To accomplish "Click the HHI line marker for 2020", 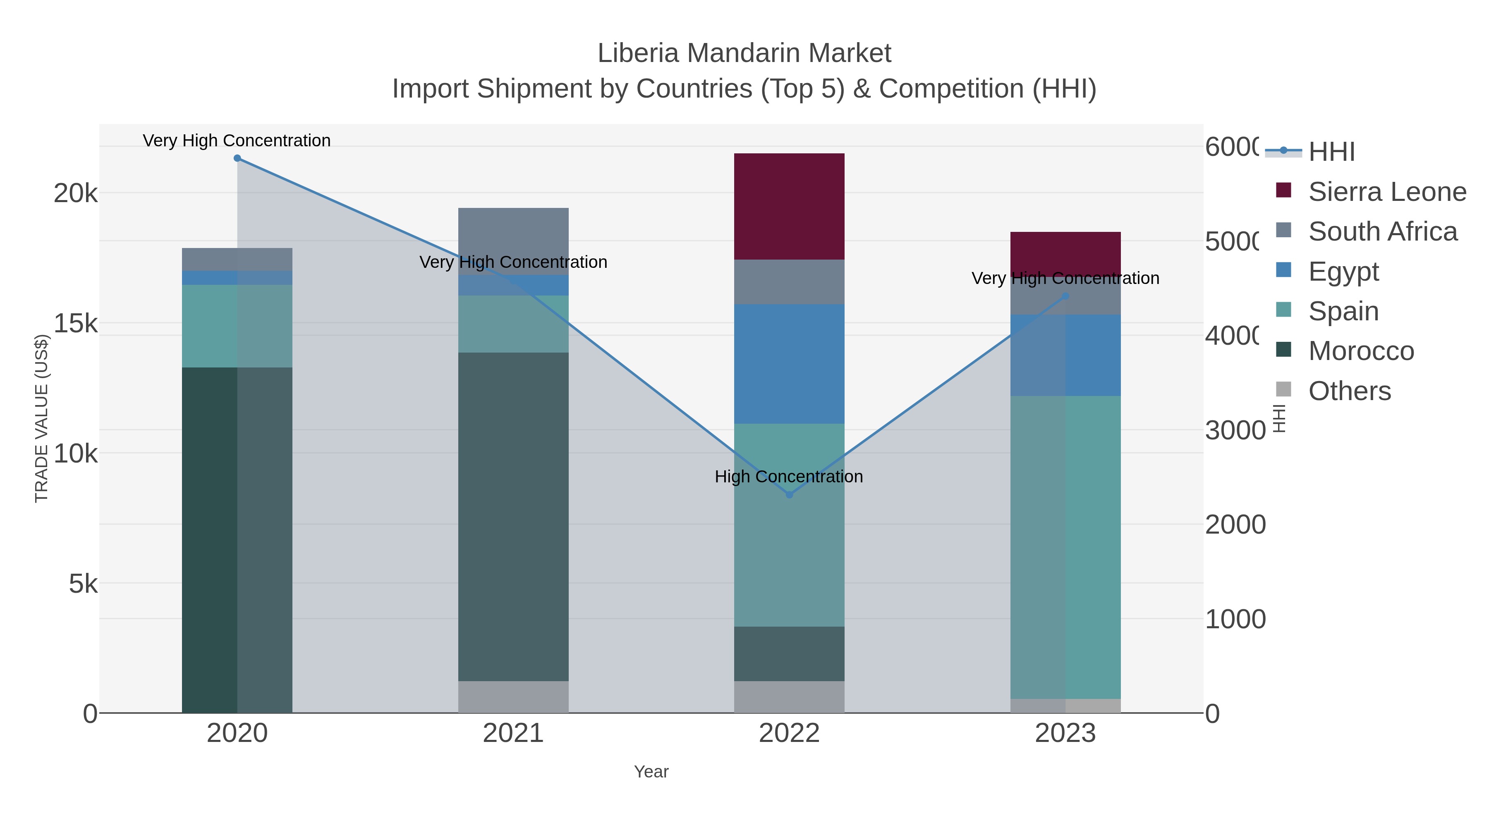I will tap(237, 158).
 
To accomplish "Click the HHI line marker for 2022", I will tap(790, 495).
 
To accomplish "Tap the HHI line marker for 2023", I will tap(1065, 296).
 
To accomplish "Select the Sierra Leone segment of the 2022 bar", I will tap(789, 206).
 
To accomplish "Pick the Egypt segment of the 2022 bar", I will tap(789, 364).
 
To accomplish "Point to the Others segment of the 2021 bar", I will tap(513, 696).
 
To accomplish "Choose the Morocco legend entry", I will tap(1361, 351).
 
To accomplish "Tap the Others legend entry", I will tap(1349, 391).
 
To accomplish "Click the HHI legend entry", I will tap(1331, 152).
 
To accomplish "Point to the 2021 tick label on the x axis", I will tap(513, 734).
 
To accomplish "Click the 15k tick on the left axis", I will tap(76, 324).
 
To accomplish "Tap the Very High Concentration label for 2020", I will tap(237, 141).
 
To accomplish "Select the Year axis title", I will tap(651, 772).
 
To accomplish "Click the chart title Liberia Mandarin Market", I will tap(744, 53).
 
